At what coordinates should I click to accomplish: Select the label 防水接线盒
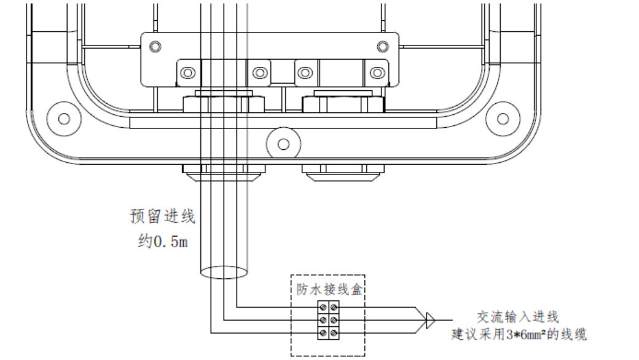point(327,287)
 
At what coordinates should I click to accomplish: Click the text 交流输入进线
point(518,317)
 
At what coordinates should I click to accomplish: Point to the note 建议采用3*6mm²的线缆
point(519,335)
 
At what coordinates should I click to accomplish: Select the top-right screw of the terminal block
point(333,306)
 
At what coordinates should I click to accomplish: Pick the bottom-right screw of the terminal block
point(333,333)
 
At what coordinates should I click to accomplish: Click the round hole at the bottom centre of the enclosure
point(283,144)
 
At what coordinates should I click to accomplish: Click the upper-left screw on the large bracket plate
point(156,47)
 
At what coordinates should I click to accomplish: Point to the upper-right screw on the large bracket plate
point(383,46)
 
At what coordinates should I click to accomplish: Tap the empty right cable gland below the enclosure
point(344,172)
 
